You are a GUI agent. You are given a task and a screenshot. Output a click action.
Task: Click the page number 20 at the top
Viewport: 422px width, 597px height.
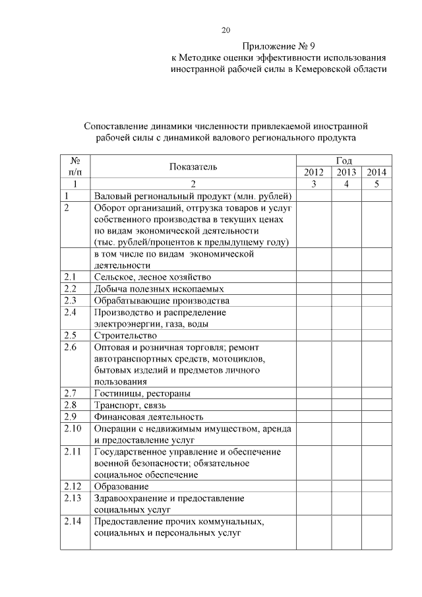coord(226,30)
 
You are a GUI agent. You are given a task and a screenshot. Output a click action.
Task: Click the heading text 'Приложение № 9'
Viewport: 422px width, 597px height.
coord(279,46)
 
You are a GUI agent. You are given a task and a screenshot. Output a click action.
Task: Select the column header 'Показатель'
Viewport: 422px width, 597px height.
coord(193,167)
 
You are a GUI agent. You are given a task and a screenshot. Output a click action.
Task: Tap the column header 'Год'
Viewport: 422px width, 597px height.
coord(344,160)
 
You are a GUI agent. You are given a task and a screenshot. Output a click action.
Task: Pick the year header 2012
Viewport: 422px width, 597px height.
coord(313,173)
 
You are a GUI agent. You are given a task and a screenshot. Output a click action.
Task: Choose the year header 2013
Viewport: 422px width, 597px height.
coord(346,173)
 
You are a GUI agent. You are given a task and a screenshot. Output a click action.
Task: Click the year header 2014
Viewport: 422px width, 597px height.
coord(376,173)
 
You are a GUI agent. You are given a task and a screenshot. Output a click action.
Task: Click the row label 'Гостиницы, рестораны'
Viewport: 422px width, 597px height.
coord(142,393)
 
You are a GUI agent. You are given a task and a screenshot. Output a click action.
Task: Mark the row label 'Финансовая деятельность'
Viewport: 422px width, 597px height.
coord(148,417)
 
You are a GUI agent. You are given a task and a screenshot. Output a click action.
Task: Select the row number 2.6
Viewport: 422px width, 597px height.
coord(71,347)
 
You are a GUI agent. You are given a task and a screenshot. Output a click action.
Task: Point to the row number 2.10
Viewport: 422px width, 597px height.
coord(74,428)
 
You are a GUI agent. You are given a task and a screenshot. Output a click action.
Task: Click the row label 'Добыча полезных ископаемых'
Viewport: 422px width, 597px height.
coord(159,289)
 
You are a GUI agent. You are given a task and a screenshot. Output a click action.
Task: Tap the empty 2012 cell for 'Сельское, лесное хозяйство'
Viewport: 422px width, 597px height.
coord(313,278)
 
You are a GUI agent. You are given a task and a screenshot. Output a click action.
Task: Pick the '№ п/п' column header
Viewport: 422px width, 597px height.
coord(75,166)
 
